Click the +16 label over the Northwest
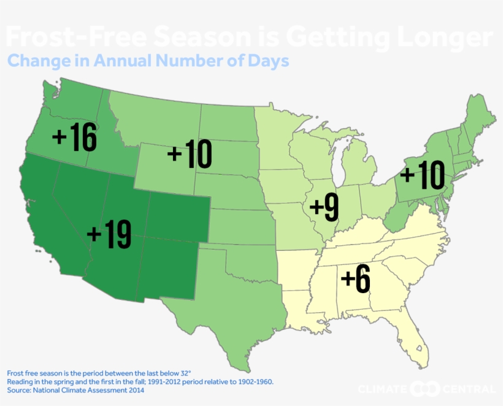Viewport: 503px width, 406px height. (x=75, y=138)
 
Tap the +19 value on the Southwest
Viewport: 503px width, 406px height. (x=109, y=235)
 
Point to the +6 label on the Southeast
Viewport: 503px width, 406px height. (x=356, y=280)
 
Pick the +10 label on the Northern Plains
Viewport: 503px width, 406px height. (x=190, y=154)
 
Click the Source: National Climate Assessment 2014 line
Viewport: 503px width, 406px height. (x=75, y=391)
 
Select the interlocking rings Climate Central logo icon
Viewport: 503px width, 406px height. (x=425, y=389)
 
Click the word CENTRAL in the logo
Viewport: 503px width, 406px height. (x=470, y=389)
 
